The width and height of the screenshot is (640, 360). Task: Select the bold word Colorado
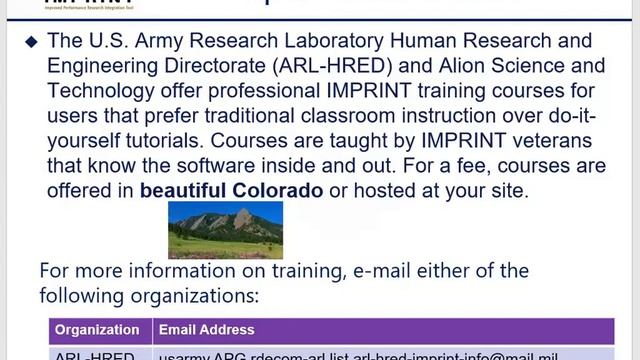pyautogui.click(x=278, y=189)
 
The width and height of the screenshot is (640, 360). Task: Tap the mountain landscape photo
pyautogui.click(x=225, y=230)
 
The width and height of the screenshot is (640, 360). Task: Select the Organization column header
pyautogui.click(x=97, y=329)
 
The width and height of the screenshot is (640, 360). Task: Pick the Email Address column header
pyautogui.click(x=206, y=329)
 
